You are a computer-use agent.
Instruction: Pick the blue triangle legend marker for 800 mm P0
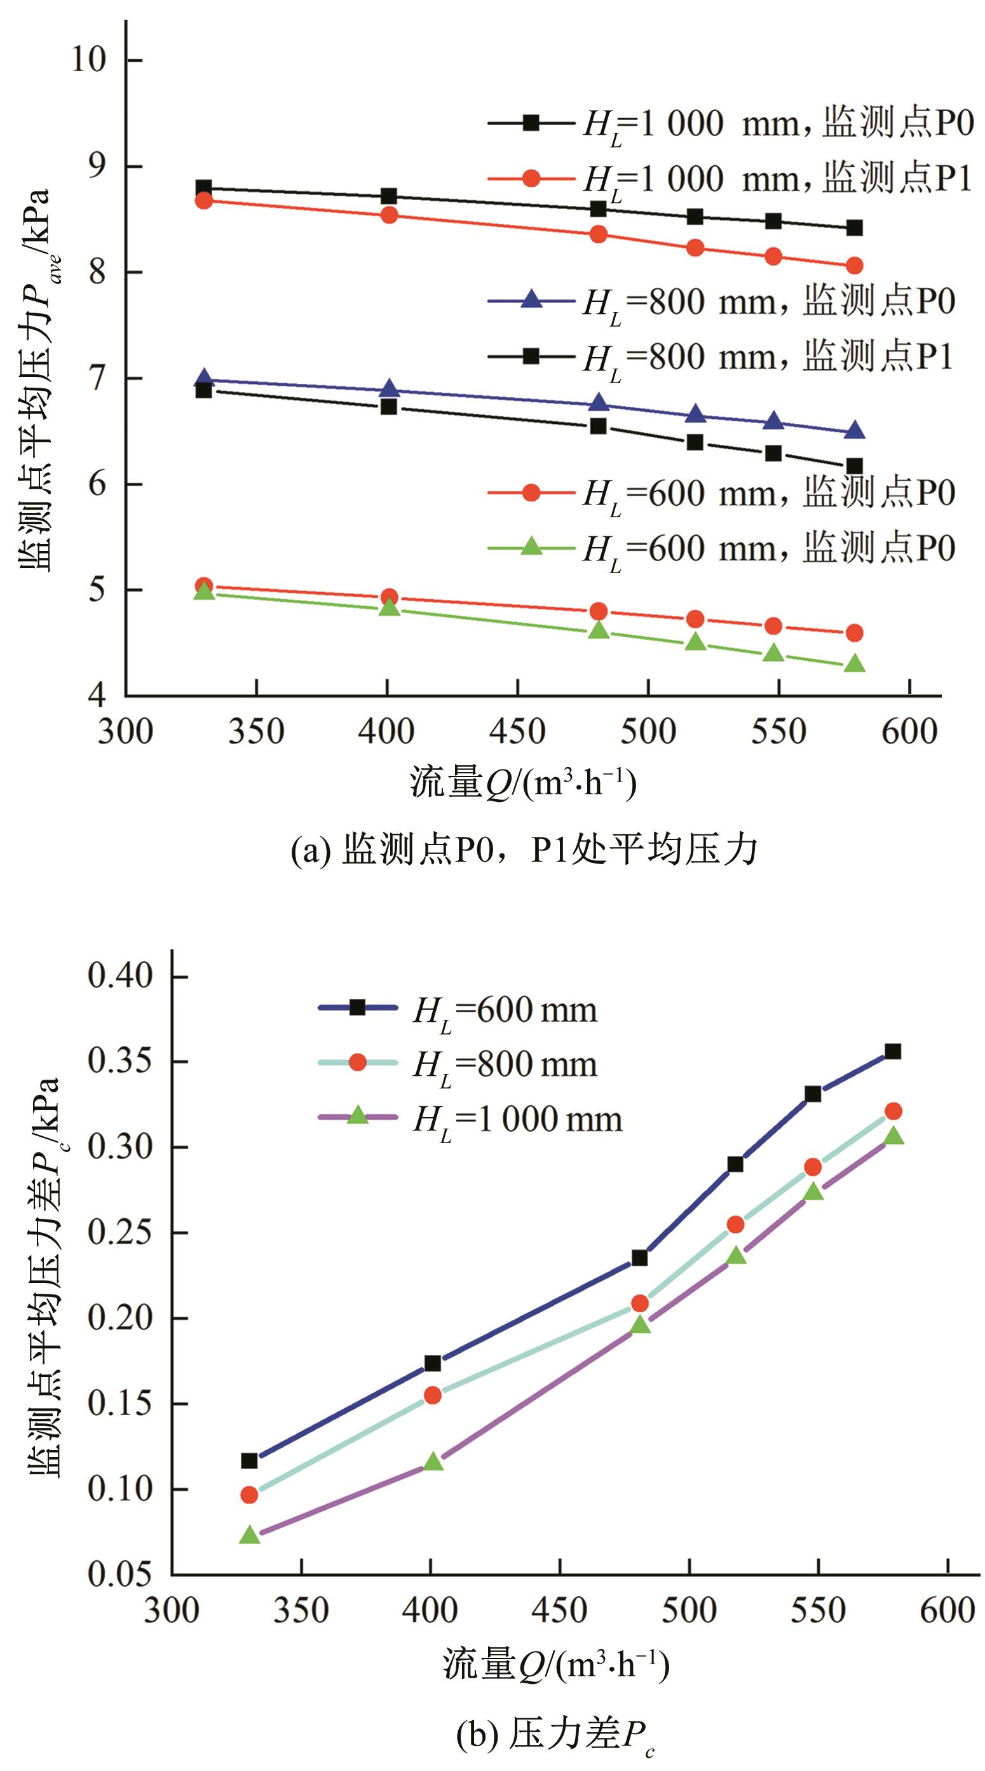531,301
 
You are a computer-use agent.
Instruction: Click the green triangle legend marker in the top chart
531,547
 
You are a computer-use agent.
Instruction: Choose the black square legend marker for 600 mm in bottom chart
357,1007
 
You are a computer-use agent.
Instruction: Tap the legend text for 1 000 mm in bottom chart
517,1119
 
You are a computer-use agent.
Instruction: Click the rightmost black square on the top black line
854,227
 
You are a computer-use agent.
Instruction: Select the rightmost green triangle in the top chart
854,664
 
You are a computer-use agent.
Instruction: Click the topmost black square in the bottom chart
892,1051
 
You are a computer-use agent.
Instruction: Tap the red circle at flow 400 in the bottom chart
432,1376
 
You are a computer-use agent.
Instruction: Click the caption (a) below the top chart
524,850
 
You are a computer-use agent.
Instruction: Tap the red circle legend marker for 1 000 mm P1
531,178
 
